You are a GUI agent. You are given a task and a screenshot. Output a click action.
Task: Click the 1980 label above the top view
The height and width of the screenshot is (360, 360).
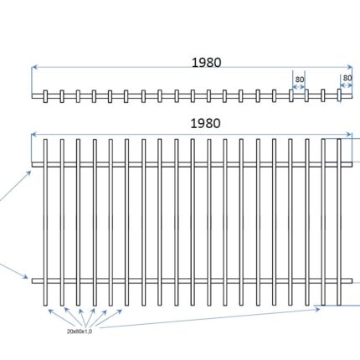tap(207, 63)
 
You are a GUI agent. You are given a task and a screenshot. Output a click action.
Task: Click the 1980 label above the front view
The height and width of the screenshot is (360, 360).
tap(205, 123)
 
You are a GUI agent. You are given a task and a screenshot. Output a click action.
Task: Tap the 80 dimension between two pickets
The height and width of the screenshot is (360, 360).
tap(300, 80)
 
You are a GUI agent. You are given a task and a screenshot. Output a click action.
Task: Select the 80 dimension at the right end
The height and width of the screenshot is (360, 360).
tap(347, 78)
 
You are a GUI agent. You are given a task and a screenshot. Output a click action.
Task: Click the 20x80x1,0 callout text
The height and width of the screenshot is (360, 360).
tap(80, 332)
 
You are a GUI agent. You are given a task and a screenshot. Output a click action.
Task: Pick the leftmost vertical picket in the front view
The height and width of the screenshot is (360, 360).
tap(45, 222)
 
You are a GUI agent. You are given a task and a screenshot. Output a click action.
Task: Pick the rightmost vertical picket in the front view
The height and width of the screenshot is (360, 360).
tap(339, 222)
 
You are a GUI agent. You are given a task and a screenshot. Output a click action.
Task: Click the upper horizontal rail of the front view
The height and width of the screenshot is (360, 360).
tap(192, 164)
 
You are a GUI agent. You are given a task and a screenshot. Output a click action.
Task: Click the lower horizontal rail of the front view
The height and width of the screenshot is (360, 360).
tap(192, 281)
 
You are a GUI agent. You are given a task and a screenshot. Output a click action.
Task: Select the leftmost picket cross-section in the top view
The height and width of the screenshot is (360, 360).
tap(45, 96)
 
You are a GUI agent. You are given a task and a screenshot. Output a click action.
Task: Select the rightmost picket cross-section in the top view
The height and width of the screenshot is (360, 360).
tap(339, 95)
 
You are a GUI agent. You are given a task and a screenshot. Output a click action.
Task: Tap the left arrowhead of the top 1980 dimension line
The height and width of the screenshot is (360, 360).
tap(34, 67)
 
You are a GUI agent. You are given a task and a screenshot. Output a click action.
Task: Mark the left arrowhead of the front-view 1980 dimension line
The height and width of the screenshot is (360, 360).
tap(34, 135)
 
